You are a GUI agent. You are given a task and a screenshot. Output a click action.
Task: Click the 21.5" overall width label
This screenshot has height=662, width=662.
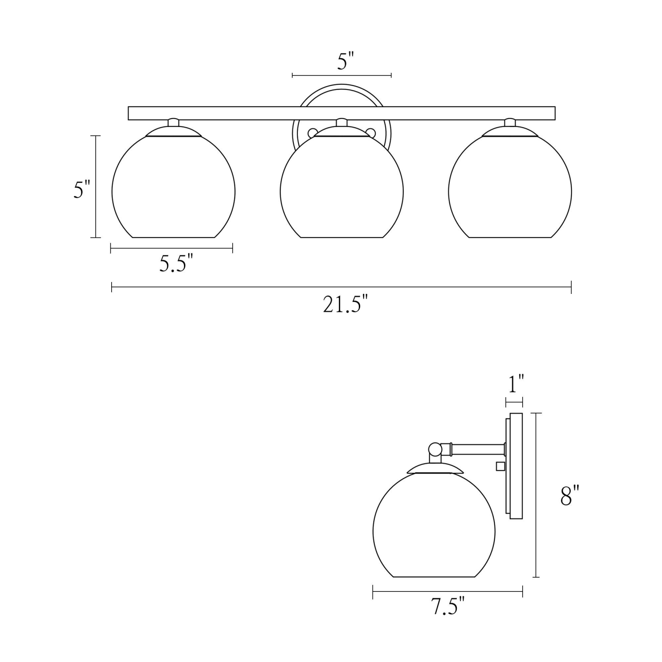345,305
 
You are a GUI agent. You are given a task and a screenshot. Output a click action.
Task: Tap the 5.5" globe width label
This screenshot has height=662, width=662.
176,264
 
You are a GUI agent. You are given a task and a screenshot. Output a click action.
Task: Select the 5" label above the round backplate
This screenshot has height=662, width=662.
346,61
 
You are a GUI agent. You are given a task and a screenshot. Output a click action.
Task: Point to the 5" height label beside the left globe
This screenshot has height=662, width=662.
82,189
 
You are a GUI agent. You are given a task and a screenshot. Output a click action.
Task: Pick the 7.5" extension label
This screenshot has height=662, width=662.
448,606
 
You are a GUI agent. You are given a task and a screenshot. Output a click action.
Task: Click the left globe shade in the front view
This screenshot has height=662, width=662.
173,190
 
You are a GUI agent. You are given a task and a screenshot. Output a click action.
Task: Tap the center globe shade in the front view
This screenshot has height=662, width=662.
342,190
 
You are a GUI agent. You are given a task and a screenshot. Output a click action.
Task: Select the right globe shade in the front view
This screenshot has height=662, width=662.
510,190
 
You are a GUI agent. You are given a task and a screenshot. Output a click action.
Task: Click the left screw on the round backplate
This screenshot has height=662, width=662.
312,132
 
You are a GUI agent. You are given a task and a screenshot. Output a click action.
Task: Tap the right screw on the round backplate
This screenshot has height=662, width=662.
371,132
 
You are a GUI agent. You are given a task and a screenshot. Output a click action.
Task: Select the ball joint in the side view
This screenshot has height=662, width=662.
435,449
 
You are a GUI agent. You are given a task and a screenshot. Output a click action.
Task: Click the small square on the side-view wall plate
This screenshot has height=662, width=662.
500,466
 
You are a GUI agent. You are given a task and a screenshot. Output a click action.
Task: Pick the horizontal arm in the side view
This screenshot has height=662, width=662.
479,450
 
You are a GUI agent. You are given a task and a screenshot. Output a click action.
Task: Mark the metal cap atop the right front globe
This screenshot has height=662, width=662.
510,132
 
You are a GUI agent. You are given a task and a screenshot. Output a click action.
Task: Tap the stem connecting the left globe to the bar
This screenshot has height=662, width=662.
173,122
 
